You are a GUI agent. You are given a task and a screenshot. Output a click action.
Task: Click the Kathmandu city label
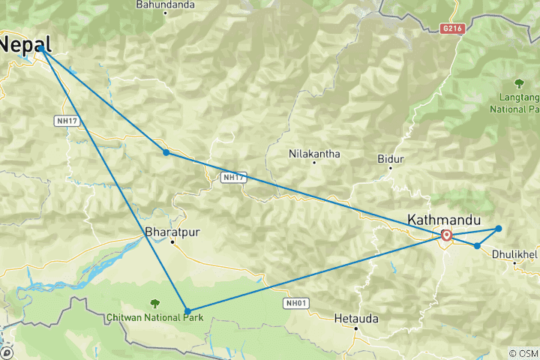pos(442,220)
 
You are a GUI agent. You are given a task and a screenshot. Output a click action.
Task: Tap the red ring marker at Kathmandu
pos(447,235)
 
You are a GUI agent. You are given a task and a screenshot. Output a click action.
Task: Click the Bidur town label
pos(391,159)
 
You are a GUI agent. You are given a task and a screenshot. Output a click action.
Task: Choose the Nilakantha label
pos(314,154)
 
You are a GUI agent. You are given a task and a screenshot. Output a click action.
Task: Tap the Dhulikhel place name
pos(514,254)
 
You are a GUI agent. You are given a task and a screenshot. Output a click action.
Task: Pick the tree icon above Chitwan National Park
pos(154,303)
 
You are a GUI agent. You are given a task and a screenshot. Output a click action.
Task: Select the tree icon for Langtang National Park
pos(518,82)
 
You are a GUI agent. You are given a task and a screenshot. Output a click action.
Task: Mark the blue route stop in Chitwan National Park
pos(187,310)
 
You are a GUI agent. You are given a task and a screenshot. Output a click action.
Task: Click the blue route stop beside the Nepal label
pos(42,49)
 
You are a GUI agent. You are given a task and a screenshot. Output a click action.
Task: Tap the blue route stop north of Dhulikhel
pos(499,229)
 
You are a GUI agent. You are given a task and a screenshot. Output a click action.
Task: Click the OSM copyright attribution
pos(523,353)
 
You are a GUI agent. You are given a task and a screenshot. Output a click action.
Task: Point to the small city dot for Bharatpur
pos(172,242)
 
